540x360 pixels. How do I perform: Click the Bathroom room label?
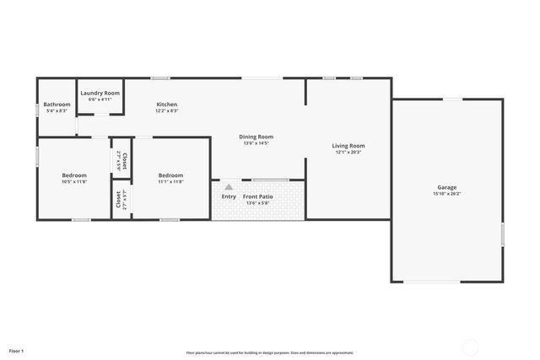pyautogui.click(x=57, y=105)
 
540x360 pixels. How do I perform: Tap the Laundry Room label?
pyautogui.click(x=100, y=93)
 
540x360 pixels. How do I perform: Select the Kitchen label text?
pyautogui.click(x=166, y=105)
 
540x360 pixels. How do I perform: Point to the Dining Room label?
pyautogui.click(x=256, y=137)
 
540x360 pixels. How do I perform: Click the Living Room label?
pyautogui.click(x=348, y=146)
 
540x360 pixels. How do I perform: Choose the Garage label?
pyautogui.click(x=446, y=187)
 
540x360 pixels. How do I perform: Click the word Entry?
pyautogui.click(x=229, y=196)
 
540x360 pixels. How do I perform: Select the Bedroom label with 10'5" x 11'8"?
pyautogui.click(x=74, y=175)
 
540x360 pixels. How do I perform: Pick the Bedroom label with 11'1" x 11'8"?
pyautogui.click(x=170, y=175)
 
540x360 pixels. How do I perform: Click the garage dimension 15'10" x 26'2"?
pyautogui.click(x=446, y=194)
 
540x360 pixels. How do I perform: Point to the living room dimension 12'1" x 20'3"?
pyautogui.click(x=348, y=153)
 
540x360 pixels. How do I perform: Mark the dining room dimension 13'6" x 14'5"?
pyautogui.click(x=256, y=143)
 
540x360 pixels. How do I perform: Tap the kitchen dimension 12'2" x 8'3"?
pyautogui.click(x=166, y=111)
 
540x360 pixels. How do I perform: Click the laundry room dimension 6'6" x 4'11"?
pyautogui.click(x=100, y=99)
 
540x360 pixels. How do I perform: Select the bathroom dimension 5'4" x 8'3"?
pyautogui.click(x=57, y=111)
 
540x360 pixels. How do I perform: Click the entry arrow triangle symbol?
pyautogui.click(x=228, y=187)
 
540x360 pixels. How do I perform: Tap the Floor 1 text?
pyautogui.click(x=17, y=350)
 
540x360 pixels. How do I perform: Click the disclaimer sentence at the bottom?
pyautogui.click(x=269, y=352)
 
